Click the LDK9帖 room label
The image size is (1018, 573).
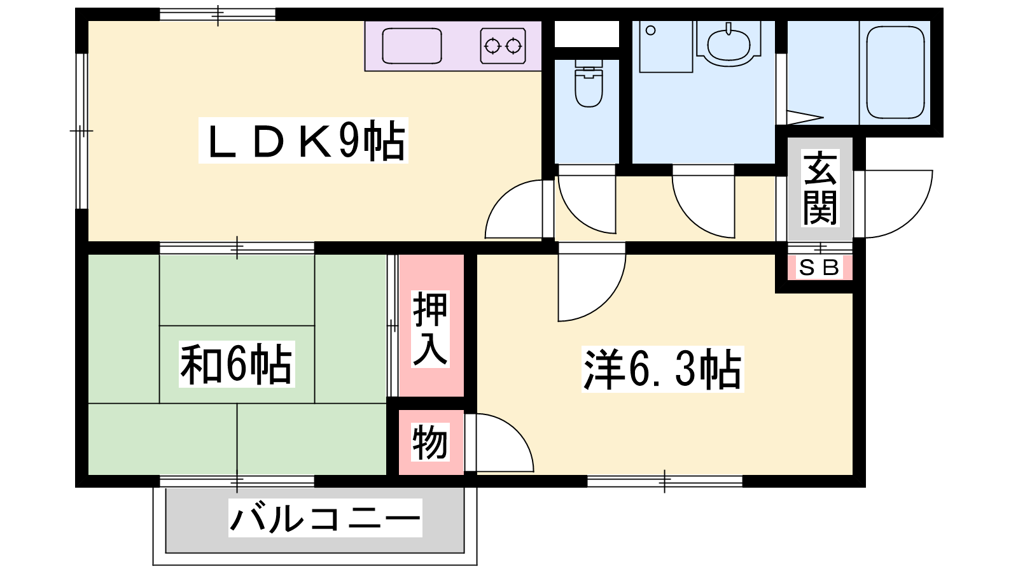click(x=303, y=140)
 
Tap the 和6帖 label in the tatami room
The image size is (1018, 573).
click(x=236, y=364)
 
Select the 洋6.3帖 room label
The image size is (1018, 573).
click(x=662, y=369)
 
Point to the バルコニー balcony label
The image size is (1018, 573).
click(x=325, y=518)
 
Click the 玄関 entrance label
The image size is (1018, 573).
click(x=820, y=188)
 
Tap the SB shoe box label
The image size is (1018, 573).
click(x=819, y=267)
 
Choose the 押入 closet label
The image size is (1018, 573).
click(x=430, y=329)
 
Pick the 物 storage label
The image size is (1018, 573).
click(x=430, y=442)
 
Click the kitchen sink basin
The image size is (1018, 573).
click(x=412, y=46)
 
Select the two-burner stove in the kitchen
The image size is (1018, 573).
click(x=503, y=46)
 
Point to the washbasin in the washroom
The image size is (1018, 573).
click(x=729, y=45)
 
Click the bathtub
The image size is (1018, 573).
click(x=895, y=71)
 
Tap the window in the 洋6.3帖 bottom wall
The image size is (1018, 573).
click(x=664, y=481)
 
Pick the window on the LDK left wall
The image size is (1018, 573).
click(x=81, y=131)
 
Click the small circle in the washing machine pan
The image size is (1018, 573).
click(x=650, y=31)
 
